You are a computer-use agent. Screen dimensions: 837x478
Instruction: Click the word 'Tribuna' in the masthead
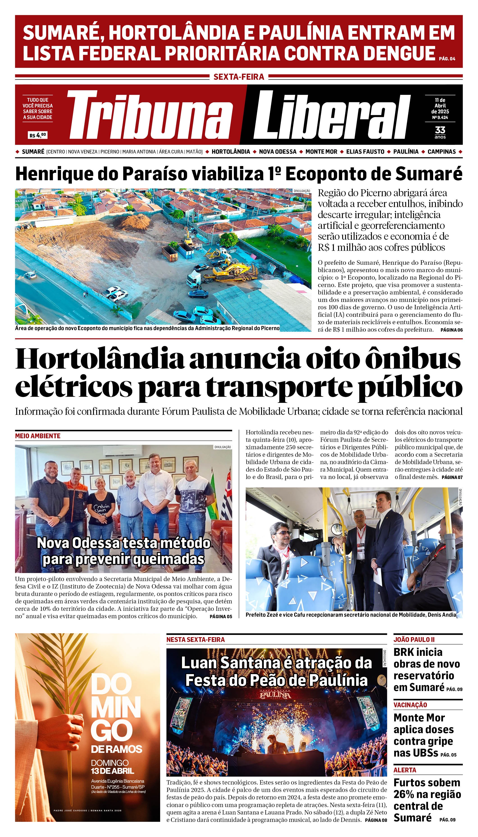click(149, 115)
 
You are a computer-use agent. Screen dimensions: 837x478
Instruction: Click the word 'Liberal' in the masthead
click(332, 115)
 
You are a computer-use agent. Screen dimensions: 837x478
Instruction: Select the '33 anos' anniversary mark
click(440, 132)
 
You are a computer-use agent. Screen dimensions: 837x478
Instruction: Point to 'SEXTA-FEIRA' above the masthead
click(239, 77)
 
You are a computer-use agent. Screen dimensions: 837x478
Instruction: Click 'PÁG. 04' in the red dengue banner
click(447, 59)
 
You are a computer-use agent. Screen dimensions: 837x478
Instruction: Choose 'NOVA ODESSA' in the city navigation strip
click(278, 152)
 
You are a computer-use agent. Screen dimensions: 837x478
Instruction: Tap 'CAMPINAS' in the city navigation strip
click(442, 152)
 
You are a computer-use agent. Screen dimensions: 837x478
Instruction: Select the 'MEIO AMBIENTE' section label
click(38, 436)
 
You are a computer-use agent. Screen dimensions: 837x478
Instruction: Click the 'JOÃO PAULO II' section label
click(414, 639)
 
